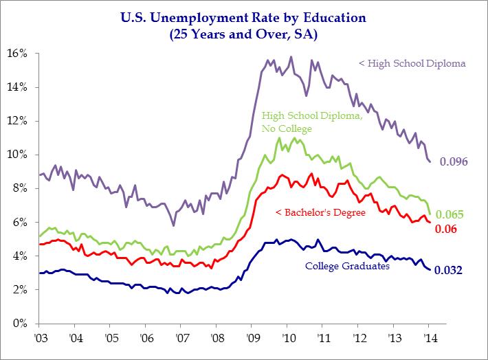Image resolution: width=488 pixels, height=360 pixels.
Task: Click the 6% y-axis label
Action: click(x=18, y=222)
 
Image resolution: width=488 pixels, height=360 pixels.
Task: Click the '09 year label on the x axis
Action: click(x=252, y=339)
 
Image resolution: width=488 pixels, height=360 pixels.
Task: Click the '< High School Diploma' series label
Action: click(x=412, y=64)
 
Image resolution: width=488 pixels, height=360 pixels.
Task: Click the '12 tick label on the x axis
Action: click(x=359, y=339)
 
